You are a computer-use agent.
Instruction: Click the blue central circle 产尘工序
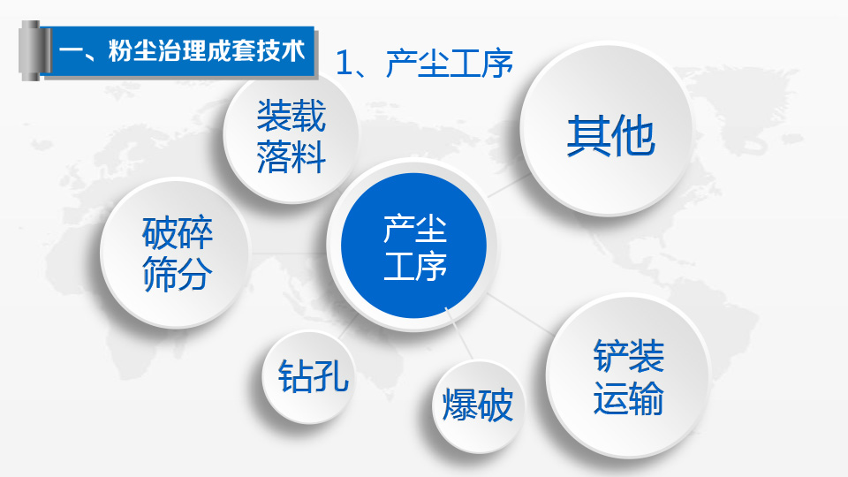point(413,246)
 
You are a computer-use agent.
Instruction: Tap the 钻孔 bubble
point(309,376)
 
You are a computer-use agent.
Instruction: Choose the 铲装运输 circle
point(627,376)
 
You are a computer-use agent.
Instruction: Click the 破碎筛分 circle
point(175,254)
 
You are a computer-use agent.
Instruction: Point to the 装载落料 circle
point(291,136)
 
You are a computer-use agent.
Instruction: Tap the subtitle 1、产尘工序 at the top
point(424,64)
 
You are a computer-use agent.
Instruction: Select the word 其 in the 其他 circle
point(588,136)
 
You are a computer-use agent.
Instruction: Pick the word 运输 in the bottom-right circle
point(628,398)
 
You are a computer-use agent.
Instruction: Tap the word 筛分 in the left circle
point(178,274)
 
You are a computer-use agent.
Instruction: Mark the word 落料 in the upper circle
point(291,157)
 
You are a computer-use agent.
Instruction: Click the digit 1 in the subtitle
point(344,64)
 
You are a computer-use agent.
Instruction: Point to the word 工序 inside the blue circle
point(415,266)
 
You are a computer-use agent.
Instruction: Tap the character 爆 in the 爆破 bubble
point(459,405)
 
